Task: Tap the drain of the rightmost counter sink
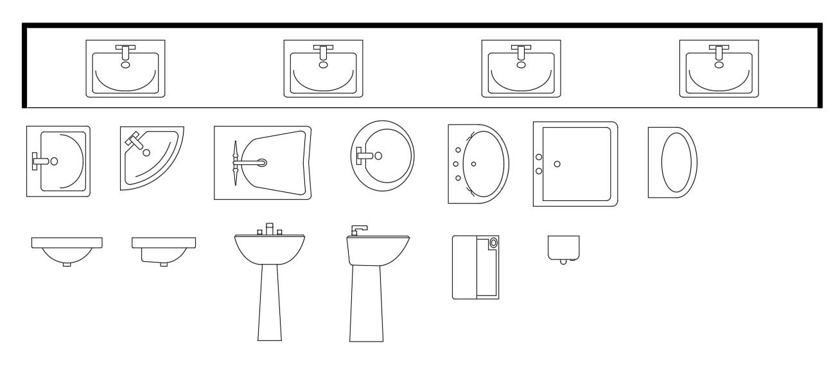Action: (x=719, y=64)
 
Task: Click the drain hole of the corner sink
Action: (x=147, y=152)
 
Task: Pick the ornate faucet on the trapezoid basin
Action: (x=236, y=162)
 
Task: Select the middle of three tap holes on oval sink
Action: (x=457, y=163)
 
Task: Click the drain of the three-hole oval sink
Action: (x=474, y=164)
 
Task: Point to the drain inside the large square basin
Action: (x=557, y=164)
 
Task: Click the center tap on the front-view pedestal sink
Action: (x=270, y=229)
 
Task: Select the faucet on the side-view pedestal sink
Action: (x=358, y=229)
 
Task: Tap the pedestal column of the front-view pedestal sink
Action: (x=269, y=302)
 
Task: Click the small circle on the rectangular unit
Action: (x=493, y=243)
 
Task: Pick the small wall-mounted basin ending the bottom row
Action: (x=563, y=248)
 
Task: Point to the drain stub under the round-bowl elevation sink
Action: (x=67, y=264)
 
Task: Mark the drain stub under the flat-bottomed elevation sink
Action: (x=164, y=264)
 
